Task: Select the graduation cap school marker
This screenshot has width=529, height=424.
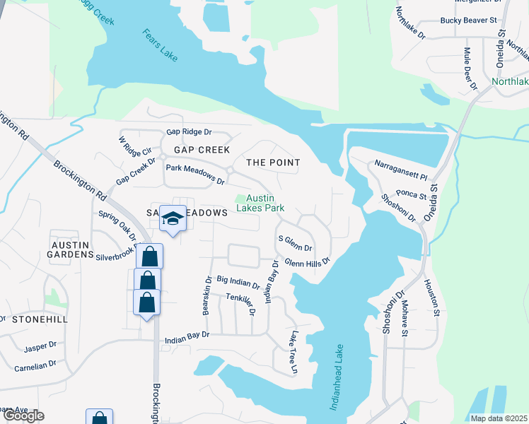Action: (x=173, y=218)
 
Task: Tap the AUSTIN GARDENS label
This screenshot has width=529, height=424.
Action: (x=71, y=249)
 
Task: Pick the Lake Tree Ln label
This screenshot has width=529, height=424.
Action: (x=292, y=351)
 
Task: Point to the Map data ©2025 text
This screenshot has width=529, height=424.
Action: (x=499, y=418)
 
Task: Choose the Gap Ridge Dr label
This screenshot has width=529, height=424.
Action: (x=189, y=132)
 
